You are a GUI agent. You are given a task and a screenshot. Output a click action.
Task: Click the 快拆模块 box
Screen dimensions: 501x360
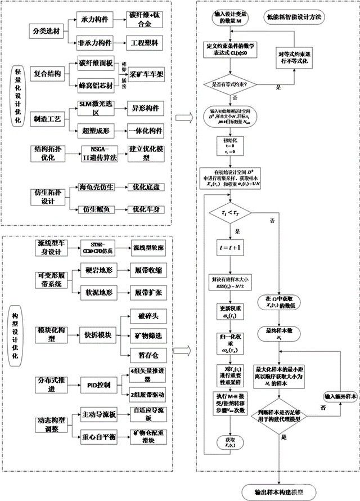tap(98, 334)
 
